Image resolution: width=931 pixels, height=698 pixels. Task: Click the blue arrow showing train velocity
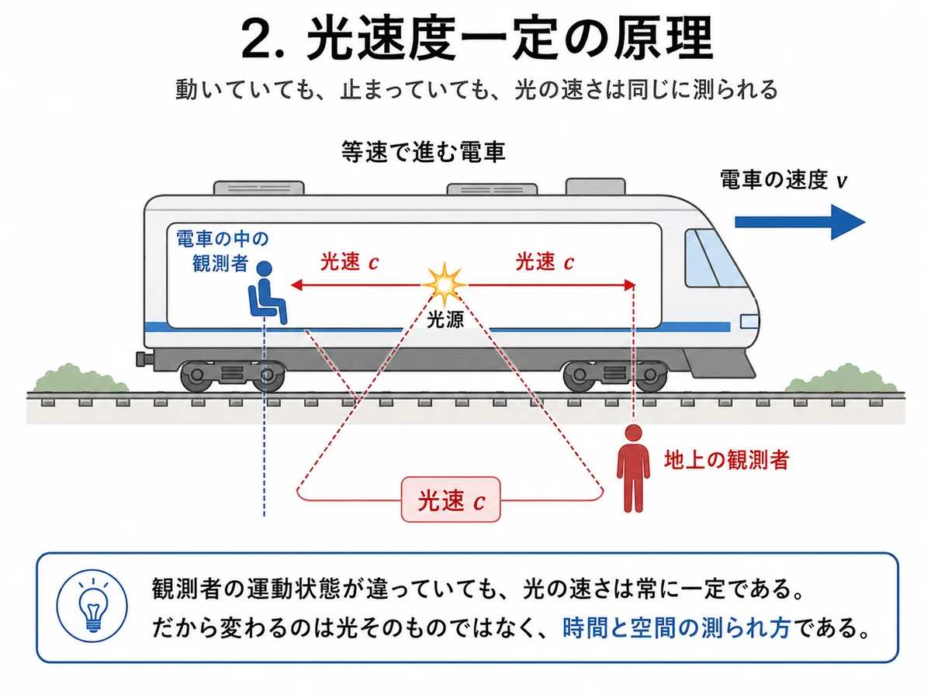800,222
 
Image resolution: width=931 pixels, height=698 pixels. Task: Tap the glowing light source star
444,285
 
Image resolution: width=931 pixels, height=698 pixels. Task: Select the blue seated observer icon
267,292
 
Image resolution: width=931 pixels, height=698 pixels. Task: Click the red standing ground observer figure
633,468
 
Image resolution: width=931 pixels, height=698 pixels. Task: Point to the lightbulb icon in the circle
92,606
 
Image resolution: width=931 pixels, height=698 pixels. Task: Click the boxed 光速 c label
451,500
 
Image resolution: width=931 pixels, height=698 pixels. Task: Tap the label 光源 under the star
445,320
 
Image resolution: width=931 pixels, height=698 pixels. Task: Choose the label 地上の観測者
726,460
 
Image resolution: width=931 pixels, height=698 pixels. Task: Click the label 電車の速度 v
784,180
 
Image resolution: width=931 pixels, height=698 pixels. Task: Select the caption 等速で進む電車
424,152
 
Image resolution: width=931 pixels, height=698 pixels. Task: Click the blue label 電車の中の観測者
222,251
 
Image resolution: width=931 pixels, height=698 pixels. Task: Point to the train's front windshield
715,258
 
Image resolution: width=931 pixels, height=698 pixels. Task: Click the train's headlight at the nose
749,322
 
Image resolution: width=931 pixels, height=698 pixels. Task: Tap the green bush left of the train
81,378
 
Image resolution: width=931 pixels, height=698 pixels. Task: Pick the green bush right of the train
841,378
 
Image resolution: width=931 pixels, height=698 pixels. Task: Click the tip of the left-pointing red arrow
292,285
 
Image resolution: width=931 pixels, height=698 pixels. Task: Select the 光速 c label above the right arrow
545,261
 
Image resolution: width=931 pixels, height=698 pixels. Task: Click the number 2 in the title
258,39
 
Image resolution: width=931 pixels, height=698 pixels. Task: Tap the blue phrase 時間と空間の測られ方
676,628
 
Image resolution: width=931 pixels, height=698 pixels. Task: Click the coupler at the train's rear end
144,359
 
